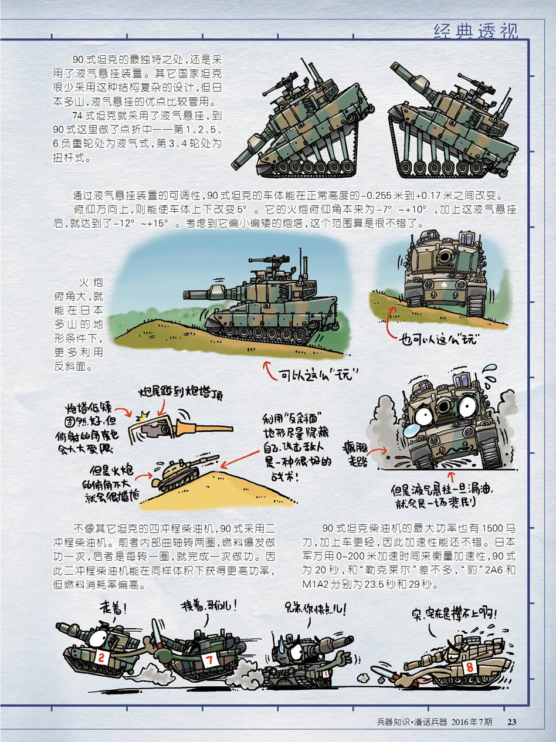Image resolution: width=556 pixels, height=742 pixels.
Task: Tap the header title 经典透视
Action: coord(476,32)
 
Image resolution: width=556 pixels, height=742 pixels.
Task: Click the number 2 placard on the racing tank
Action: coord(101,658)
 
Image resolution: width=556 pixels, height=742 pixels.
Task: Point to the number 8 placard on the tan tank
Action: coord(469,667)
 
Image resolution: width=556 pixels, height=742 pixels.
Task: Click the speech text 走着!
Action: coord(113,609)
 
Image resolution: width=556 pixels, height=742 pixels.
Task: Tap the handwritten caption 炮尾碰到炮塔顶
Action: coord(181,394)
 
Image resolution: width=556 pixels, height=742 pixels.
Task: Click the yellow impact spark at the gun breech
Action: coord(145,415)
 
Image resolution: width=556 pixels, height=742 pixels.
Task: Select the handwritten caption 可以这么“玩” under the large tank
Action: coord(318,375)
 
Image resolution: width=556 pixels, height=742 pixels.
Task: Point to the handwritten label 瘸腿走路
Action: coord(355,454)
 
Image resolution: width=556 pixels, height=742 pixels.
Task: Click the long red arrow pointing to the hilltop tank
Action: coord(240,460)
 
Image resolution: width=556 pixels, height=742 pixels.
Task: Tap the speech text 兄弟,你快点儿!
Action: coord(314,609)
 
